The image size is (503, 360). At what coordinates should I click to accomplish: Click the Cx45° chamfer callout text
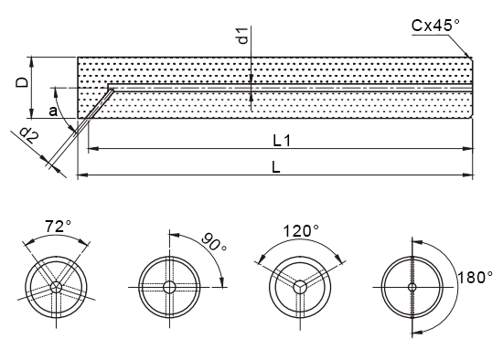click(x=435, y=26)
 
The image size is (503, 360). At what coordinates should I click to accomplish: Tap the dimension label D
click(x=23, y=83)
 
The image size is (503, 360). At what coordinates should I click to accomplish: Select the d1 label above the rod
click(x=244, y=36)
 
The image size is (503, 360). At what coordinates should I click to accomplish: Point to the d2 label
click(x=29, y=135)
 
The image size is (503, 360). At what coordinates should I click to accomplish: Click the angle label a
click(x=53, y=111)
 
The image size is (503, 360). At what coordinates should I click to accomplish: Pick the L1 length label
click(x=282, y=141)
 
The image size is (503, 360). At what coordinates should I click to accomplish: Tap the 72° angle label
click(x=58, y=226)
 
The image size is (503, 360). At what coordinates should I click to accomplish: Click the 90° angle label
click(x=214, y=241)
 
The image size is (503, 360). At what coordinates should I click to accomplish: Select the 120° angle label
click(x=301, y=231)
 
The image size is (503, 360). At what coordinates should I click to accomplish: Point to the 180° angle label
click(x=475, y=277)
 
